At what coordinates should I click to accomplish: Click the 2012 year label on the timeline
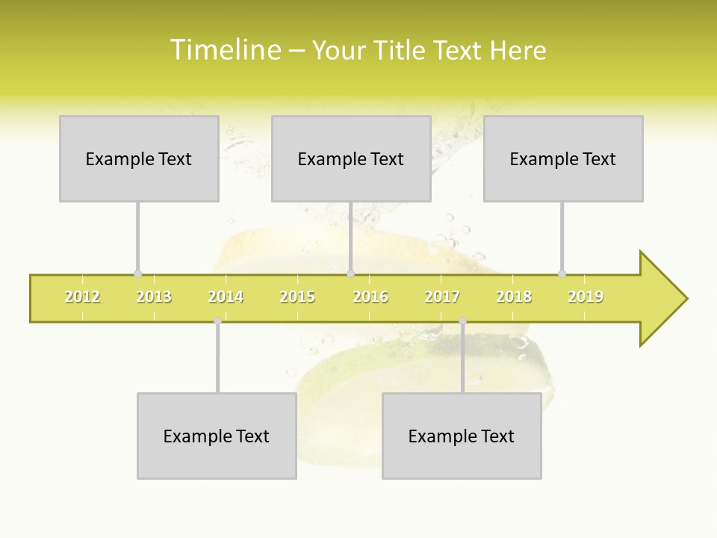82,297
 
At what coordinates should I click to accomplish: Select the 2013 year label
154,297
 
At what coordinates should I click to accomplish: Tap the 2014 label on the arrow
226,297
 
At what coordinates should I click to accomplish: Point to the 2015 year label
297,297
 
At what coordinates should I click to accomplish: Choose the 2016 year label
370,297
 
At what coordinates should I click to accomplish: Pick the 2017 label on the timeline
442,297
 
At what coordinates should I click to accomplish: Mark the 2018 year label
514,297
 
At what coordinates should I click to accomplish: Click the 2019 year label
586,297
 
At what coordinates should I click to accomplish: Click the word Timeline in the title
224,50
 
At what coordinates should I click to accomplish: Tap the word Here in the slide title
518,50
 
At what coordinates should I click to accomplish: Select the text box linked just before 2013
139,158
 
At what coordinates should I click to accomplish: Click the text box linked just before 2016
351,158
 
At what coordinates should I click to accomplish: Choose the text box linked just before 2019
563,158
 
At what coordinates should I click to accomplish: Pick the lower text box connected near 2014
217,436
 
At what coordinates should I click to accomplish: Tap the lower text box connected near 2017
462,436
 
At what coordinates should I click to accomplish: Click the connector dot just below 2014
217,321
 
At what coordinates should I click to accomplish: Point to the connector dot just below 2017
462,321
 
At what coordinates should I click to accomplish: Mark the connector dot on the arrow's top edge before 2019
562,274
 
